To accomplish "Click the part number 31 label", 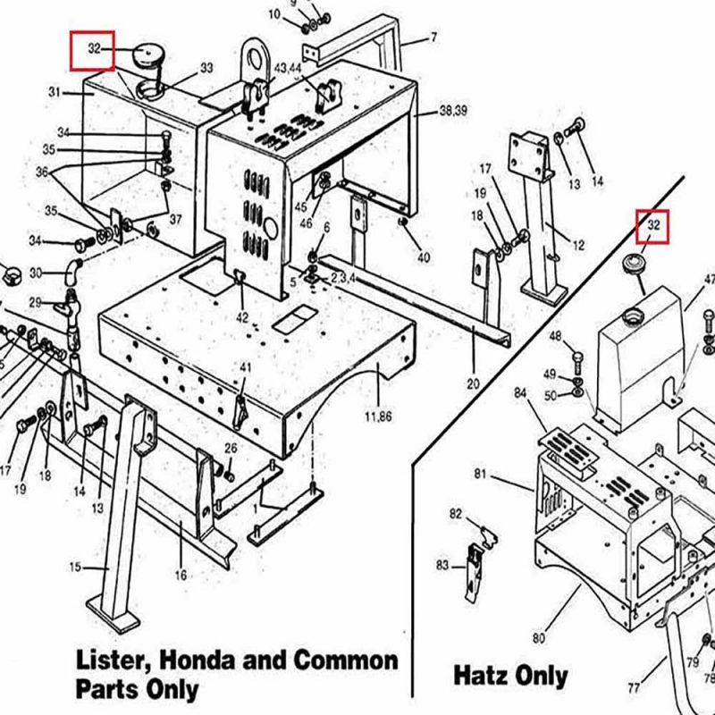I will click(54, 92).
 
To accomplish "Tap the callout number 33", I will click(206, 68).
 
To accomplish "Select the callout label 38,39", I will click(454, 111).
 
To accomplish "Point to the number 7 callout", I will click(433, 38).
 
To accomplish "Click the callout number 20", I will click(473, 383).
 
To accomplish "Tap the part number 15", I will click(75, 567).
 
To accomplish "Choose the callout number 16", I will click(181, 575).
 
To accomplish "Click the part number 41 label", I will click(246, 368).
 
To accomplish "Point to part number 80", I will click(538, 638).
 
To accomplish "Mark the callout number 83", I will click(443, 564).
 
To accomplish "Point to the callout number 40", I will click(423, 257).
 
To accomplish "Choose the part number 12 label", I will click(577, 245).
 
